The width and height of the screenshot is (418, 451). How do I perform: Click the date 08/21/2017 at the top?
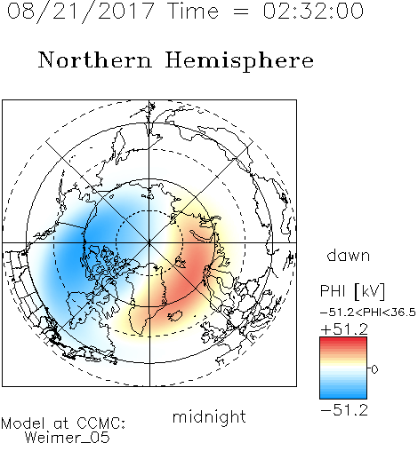(80, 12)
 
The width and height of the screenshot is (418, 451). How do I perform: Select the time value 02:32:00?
(313, 11)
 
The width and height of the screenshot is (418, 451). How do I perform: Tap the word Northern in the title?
(95, 60)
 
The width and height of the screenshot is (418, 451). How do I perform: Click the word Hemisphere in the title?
(239, 61)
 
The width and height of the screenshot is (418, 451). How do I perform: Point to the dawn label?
(349, 256)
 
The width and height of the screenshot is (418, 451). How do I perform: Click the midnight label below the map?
(209, 417)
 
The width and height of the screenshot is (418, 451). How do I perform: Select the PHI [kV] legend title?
(352, 291)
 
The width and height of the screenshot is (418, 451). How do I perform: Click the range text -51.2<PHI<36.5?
(368, 313)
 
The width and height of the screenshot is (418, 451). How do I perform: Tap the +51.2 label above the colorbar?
(344, 329)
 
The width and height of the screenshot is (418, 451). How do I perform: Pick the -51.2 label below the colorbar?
(344, 410)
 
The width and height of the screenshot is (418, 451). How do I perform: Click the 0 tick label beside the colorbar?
(374, 369)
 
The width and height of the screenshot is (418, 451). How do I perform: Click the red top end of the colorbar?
(343, 340)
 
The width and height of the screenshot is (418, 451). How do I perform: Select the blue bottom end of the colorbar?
(343, 396)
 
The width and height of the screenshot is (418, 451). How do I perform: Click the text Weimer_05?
(67, 438)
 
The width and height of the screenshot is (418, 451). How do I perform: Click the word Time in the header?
(193, 12)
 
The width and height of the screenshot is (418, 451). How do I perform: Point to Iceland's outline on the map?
(176, 316)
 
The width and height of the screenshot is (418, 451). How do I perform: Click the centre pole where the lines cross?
(149, 242)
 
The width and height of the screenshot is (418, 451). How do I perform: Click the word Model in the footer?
(23, 423)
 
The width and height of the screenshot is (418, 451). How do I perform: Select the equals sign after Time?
(241, 12)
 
